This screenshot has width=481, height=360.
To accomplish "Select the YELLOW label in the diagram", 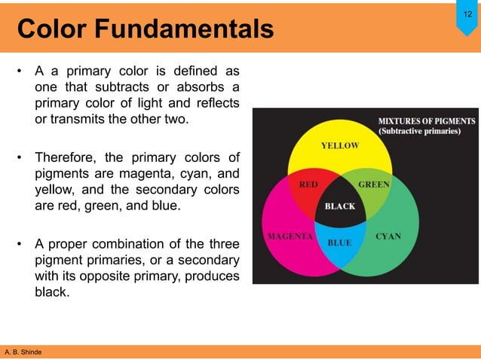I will [x=339, y=145].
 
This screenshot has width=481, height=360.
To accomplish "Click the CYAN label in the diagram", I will [x=389, y=236].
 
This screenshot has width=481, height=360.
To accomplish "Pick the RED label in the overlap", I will [x=308, y=184].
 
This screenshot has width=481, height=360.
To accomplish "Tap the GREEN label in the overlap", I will [x=373, y=184].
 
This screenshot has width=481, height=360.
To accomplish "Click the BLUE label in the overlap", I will [x=340, y=243].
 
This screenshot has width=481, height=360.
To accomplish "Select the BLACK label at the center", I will [x=339, y=206].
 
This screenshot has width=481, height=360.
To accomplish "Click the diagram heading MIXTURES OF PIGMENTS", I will [x=426, y=121].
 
